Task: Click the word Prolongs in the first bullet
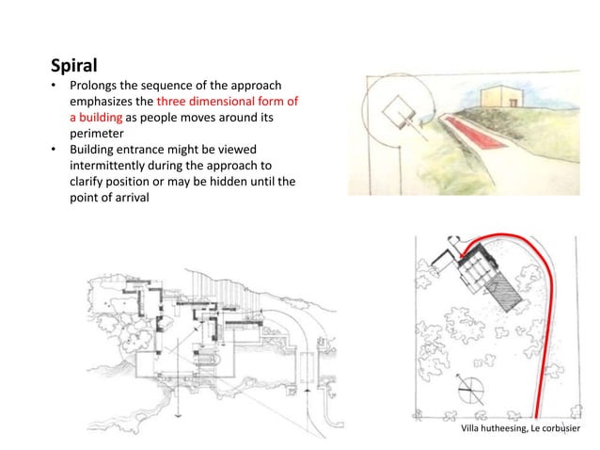(x=97, y=87)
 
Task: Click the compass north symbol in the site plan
(x=467, y=388)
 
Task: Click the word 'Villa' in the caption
(x=474, y=428)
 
